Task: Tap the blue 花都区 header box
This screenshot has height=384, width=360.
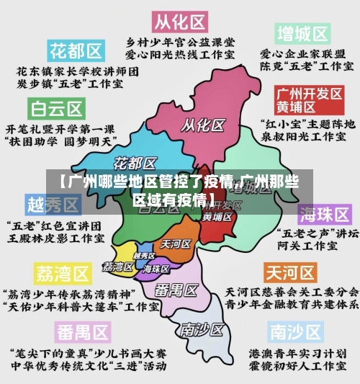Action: pos(76,50)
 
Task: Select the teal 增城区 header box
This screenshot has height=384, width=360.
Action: pos(302,33)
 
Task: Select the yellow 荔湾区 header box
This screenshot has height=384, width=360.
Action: pos(63,274)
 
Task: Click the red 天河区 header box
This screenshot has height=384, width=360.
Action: pos(290,272)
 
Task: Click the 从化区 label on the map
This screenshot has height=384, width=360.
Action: pos(201,125)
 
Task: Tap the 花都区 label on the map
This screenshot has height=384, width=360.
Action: pos(135,161)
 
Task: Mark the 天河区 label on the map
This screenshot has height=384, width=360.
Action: pos(175,244)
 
